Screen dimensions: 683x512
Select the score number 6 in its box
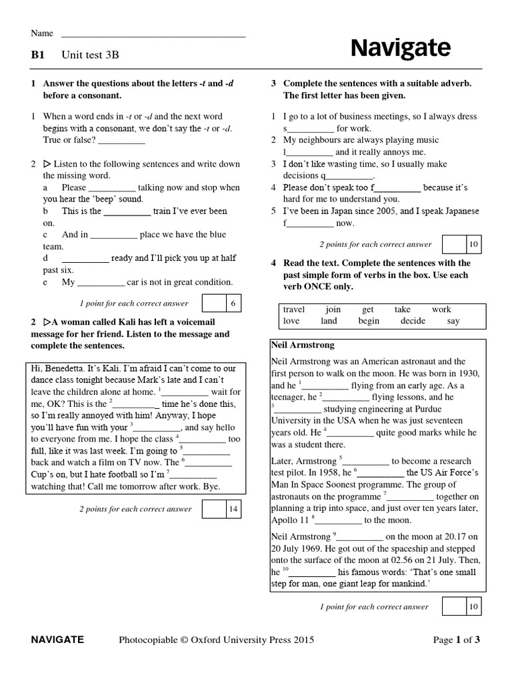coord(233,304)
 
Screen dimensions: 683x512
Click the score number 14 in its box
coord(233,509)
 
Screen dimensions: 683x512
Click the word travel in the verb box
coord(294,309)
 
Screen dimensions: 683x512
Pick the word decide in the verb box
coord(413,321)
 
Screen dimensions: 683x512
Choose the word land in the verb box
coord(329,321)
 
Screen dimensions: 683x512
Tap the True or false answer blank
coord(121,141)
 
